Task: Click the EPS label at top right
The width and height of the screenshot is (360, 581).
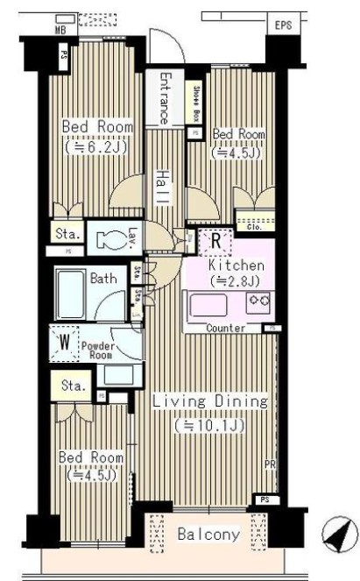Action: [x=282, y=25]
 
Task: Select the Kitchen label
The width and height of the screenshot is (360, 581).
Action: [x=235, y=264]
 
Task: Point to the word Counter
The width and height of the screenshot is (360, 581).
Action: [x=225, y=328]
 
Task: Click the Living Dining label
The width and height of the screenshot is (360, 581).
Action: [x=209, y=401]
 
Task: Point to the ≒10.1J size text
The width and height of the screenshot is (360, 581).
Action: [x=208, y=425]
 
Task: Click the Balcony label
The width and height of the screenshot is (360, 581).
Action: [x=208, y=534]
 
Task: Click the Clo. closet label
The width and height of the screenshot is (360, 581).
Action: [x=255, y=226]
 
